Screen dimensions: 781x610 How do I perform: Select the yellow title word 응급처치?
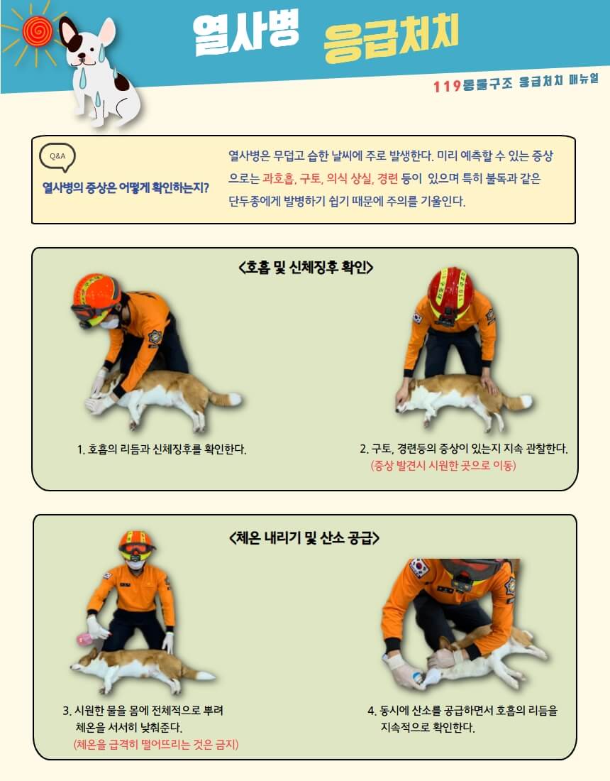391,39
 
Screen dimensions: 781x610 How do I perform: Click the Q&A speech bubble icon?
57,157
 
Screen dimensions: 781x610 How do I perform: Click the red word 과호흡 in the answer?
278,178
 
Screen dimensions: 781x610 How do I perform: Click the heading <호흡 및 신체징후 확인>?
306,268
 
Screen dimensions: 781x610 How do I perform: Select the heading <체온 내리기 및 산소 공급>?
304,538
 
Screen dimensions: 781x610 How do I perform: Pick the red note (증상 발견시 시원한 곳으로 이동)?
443,466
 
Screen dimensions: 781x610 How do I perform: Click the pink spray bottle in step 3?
84,640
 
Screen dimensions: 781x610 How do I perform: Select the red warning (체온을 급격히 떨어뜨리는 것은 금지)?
156,744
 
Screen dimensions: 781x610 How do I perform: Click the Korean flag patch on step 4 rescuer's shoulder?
419,568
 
